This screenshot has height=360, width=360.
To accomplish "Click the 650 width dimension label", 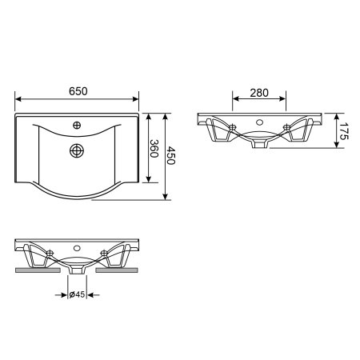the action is point(78,91).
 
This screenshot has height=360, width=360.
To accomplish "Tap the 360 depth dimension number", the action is point(154,149).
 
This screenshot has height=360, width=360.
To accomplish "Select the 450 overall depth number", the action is point(170,155).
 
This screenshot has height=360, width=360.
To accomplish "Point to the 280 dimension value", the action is point(259,93).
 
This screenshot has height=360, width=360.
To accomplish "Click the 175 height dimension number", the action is point(344,131).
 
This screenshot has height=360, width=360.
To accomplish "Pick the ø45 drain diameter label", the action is point(77,294).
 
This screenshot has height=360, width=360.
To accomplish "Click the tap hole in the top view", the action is point(77,125).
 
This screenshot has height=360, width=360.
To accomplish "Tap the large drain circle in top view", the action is point(77,150).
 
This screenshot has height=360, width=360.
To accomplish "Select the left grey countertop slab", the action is point(38,270).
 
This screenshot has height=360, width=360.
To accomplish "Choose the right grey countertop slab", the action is point(117,270).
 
